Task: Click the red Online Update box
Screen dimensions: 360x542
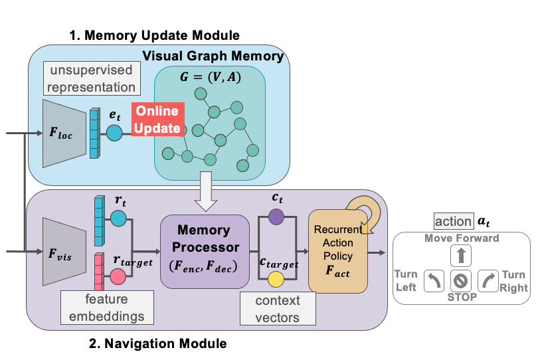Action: [157, 120]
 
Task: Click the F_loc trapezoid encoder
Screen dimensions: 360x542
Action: [64, 133]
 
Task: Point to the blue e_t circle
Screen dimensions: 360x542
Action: [115, 133]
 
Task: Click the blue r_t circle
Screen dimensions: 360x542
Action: [118, 219]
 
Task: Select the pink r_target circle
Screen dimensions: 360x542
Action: [118, 276]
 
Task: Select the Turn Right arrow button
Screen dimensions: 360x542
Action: [488, 281]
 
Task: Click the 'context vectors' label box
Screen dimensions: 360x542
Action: [278, 310]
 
